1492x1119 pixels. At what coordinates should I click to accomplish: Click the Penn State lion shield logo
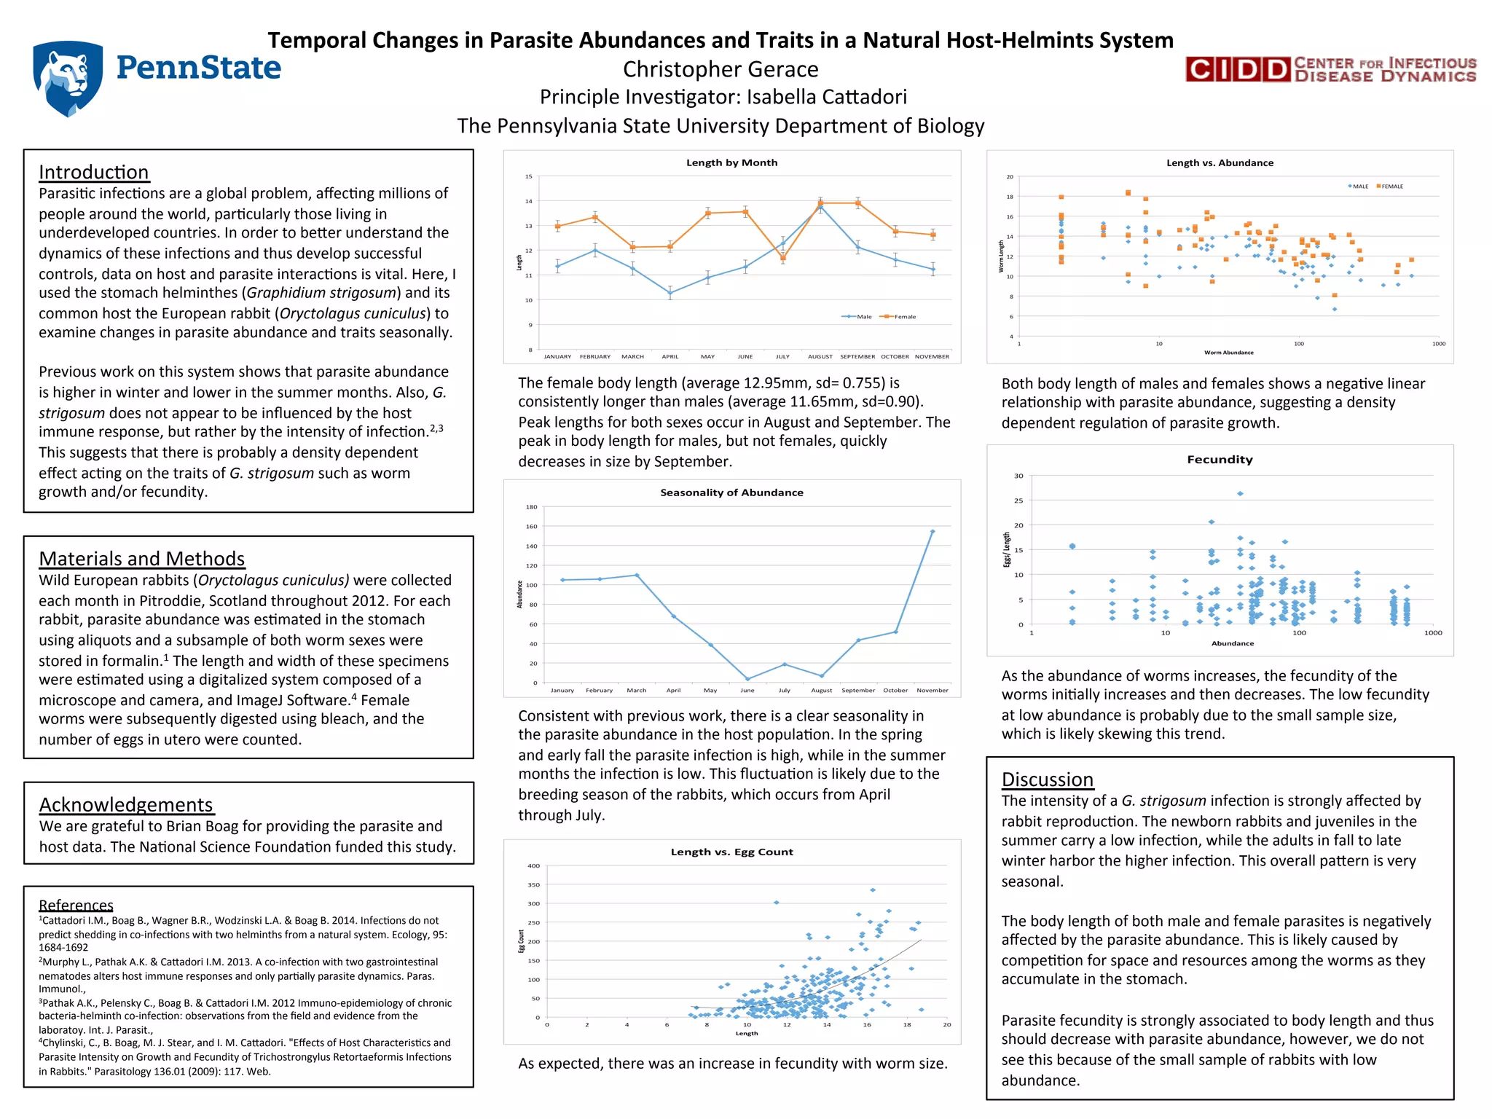tap(67, 78)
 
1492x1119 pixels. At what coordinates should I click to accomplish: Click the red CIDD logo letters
tap(1238, 70)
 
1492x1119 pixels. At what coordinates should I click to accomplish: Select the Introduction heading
tap(93, 172)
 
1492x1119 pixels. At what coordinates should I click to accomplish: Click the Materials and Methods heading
tap(141, 559)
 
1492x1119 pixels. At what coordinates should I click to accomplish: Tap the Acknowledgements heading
tap(125, 804)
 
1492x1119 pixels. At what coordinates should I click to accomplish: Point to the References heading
tap(76, 905)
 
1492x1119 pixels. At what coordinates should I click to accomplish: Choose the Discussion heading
tap(1047, 780)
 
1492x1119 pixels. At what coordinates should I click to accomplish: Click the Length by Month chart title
tap(731, 162)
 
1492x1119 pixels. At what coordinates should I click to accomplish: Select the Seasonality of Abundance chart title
tap(731, 492)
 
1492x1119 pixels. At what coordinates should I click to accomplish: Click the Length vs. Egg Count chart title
tap(731, 852)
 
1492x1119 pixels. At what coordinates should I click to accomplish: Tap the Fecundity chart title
tap(1220, 460)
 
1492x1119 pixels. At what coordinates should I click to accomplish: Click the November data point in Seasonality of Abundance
tap(932, 532)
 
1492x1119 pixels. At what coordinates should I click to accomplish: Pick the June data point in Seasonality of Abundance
tap(747, 679)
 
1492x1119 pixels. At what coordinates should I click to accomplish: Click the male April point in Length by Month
tap(670, 294)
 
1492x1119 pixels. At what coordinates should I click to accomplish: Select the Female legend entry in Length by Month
tap(900, 317)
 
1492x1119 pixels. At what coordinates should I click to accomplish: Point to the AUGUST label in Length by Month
tap(820, 357)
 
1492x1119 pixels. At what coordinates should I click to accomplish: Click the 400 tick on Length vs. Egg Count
tap(533, 866)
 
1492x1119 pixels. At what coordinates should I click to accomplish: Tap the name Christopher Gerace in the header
tap(721, 69)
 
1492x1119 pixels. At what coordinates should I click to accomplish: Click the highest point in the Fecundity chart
tap(1240, 494)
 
